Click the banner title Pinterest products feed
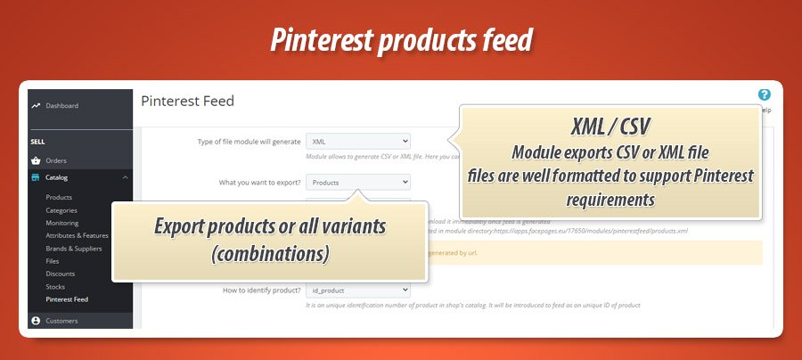pos(401,41)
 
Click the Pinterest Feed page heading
pos(187,102)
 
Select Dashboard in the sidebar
pos(61,106)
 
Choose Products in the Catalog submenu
pos(59,197)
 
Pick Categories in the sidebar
pos(61,210)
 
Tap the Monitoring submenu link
pos(61,223)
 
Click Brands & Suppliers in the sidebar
pos(73,249)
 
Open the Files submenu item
pos(53,261)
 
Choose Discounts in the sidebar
pos(60,274)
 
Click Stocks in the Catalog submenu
pos(56,287)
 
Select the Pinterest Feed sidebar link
pos(67,299)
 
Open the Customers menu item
pos(61,321)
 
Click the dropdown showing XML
pos(357,141)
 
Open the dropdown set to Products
pos(357,182)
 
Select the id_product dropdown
pos(357,290)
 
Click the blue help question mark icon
pos(764,94)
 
